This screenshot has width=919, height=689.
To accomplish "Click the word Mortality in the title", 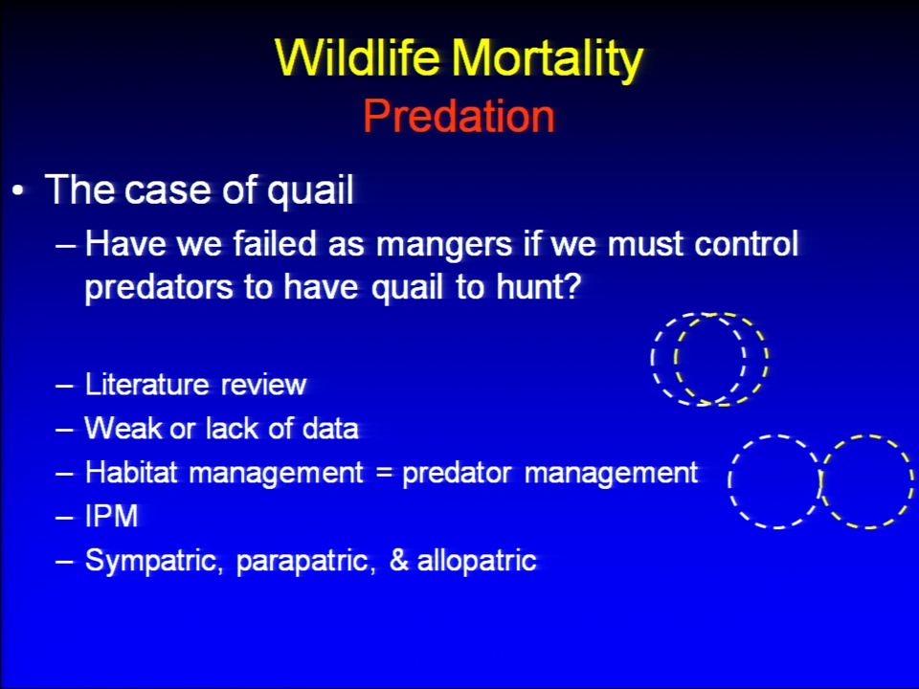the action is (547, 59).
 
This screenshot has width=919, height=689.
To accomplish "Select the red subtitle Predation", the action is (459, 116).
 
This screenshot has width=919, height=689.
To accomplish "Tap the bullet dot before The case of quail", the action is (19, 191).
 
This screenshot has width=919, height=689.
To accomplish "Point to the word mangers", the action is (443, 246).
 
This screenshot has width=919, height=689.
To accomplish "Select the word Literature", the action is (146, 385).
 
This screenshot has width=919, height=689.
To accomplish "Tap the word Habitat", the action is (131, 472).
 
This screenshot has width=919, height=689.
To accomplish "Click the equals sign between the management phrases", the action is (384, 473).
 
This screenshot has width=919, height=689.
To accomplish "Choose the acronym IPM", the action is (112, 516).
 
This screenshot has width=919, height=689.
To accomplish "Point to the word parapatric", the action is (305, 563).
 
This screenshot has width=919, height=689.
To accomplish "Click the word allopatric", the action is (477, 561).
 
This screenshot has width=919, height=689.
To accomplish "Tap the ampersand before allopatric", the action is (399, 560).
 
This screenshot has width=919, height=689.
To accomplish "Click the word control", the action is (746, 242).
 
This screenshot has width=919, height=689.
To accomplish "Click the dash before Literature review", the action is (64, 386).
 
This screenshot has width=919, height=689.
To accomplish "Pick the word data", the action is (330, 428).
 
